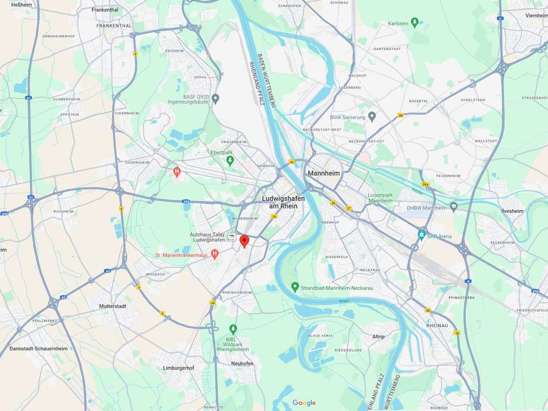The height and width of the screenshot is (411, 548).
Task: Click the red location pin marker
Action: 244,241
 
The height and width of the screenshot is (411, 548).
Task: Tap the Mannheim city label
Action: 324,173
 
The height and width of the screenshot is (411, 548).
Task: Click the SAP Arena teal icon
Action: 422,236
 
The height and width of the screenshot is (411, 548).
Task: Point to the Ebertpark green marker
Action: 230,161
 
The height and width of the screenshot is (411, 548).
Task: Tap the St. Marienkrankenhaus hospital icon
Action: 215,254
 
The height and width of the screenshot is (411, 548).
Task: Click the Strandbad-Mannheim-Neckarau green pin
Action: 295,286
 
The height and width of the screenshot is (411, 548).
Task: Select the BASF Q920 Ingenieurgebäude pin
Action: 215,98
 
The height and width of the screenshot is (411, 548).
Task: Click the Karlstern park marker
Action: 414,23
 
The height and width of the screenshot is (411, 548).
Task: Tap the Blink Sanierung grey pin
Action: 372,117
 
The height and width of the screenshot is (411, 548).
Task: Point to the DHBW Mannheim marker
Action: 453,207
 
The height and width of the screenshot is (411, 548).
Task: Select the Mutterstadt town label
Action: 112,306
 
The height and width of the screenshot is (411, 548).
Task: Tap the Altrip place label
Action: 378,337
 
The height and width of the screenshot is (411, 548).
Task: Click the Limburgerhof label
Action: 181,368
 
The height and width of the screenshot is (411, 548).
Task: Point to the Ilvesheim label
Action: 512,211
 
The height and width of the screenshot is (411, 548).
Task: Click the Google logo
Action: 304,403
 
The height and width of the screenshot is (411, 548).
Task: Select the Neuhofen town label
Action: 242,364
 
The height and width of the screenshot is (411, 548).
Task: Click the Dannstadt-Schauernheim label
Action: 39,349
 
